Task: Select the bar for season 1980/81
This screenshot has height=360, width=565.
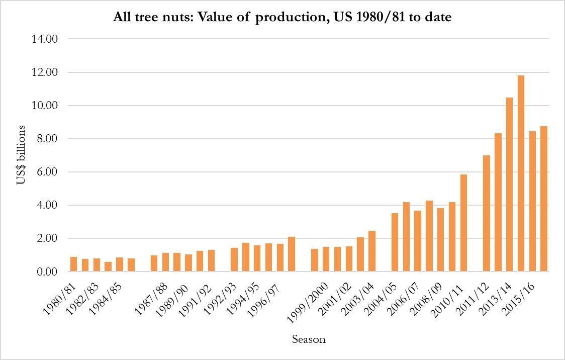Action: (x=73, y=264)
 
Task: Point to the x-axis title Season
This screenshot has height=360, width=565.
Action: (x=309, y=339)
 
